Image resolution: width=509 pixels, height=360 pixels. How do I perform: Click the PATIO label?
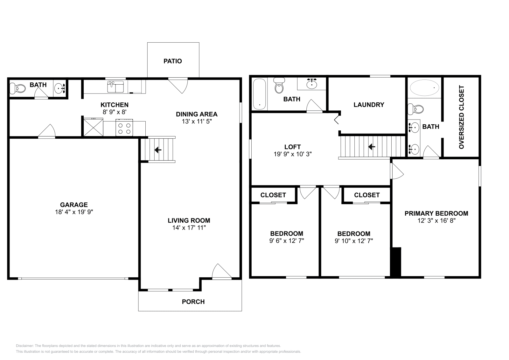[x=173, y=61]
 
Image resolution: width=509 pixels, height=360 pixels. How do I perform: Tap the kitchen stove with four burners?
[x=124, y=128]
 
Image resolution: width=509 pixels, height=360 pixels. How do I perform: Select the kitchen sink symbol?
[x=115, y=87]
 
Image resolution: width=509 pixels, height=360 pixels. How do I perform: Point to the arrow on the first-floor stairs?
[x=158, y=150]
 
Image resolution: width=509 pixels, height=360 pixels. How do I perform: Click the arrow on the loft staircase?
[x=372, y=147]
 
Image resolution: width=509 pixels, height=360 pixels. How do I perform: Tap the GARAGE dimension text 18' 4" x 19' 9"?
[x=74, y=212]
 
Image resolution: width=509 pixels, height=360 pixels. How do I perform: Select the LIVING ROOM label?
[x=189, y=220]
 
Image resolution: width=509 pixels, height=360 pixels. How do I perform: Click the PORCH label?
[x=193, y=302]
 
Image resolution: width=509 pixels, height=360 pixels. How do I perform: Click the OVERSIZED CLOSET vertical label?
[x=461, y=117]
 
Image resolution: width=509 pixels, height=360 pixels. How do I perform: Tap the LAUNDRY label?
[x=369, y=105]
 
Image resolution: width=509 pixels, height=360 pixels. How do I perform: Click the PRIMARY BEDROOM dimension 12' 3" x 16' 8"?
[x=436, y=221]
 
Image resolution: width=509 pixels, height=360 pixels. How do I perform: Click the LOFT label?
[x=292, y=147]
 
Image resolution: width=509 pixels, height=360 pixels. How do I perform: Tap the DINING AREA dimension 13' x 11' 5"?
[x=196, y=121]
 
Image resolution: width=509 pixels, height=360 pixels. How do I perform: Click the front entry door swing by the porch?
[x=221, y=272]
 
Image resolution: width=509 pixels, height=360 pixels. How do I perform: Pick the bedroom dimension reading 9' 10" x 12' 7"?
[x=354, y=241]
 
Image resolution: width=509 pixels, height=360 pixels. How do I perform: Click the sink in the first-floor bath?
[x=59, y=88]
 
